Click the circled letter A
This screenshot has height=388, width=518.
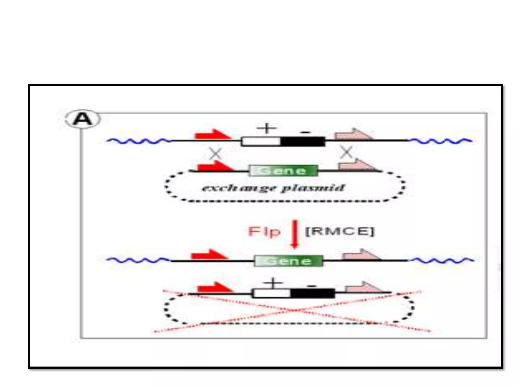tap(83, 119)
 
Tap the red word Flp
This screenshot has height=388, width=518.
tap(264, 232)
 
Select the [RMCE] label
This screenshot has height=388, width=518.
tap(339, 231)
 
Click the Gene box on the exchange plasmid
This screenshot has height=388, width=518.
tap(283, 171)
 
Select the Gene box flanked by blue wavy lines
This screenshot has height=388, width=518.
tap(289, 261)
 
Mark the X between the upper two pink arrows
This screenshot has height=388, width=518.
tap(346, 152)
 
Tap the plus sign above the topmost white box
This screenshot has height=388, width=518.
tap(267, 128)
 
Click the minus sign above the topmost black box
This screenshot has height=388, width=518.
tap(305, 132)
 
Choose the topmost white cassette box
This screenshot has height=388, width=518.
tap(261, 141)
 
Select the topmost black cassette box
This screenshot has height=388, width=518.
tap(303, 141)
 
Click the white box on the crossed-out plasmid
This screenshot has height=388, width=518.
tap(272, 293)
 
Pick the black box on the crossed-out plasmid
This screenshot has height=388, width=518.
tap(313, 293)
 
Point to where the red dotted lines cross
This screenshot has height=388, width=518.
tap(293, 310)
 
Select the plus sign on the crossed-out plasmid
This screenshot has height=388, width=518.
tap(273, 283)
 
